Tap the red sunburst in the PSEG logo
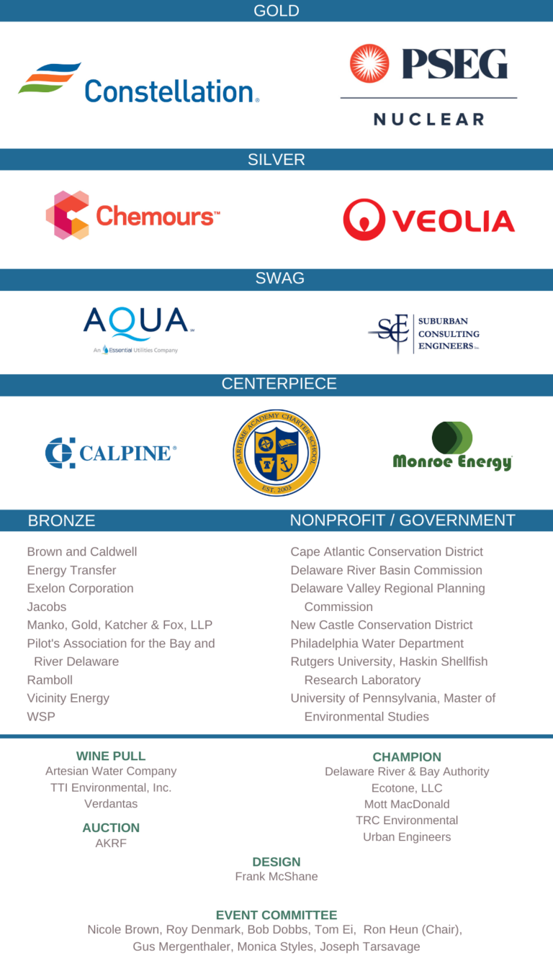coord(369,63)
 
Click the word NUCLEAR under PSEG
coord(428,119)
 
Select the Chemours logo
coord(133,215)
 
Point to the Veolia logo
coord(428,220)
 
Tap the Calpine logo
coord(110,453)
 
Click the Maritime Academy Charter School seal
coord(276,453)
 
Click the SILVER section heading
coord(276,160)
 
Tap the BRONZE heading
coord(61,520)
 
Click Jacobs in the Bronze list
coord(47,607)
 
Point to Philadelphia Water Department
coord(377,643)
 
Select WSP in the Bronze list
coord(41,717)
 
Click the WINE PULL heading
coord(111,756)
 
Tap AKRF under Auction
coord(111,844)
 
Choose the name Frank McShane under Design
coord(276,877)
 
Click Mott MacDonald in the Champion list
coord(407,804)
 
